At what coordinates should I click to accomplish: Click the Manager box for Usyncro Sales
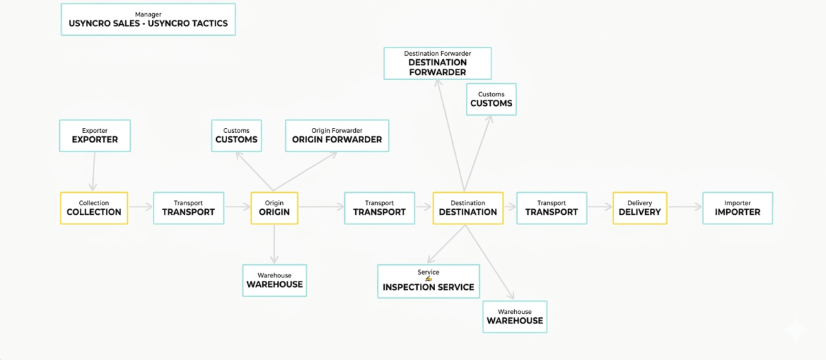(148, 19)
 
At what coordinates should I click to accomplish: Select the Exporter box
(95, 136)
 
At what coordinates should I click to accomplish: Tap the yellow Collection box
(94, 208)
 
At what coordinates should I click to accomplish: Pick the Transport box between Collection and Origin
(189, 208)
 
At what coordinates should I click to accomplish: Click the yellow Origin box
(275, 208)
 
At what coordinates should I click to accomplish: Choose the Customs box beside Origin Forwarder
(236, 136)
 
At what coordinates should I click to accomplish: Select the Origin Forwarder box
(337, 136)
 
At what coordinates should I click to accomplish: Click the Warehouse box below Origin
(275, 280)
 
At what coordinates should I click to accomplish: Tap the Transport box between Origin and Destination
(379, 208)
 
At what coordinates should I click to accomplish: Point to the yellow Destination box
(468, 208)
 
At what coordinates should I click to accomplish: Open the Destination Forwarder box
(438, 63)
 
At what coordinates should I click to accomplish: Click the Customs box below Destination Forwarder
(491, 99)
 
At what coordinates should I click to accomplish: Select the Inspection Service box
(428, 281)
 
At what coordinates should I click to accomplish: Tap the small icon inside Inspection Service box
(428, 279)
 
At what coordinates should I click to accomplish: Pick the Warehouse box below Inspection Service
(515, 317)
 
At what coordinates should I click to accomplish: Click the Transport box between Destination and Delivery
(551, 208)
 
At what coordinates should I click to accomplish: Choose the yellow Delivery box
(639, 208)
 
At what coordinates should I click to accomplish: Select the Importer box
(737, 208)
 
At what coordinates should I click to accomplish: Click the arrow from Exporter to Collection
(94, 171)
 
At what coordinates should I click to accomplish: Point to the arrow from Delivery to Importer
(685, 207)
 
